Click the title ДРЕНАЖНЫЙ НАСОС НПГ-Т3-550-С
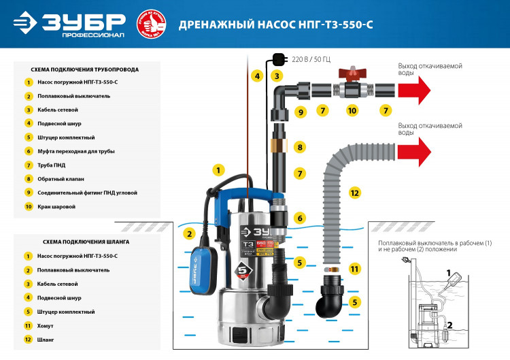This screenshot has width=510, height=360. coord(275,25)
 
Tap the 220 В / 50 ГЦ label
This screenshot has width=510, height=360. coord(311,60)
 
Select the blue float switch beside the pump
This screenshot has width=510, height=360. coord(200,257)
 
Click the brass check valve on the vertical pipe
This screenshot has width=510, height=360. coord(278,146)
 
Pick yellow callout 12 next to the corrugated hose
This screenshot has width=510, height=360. coord(354,193)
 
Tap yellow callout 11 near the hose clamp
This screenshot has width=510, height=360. coord(354,269)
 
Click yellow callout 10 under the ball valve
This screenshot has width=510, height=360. coord(352,110)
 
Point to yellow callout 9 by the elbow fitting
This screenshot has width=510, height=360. coord(300,110)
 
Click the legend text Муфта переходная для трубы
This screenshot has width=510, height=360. coord(75,151)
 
